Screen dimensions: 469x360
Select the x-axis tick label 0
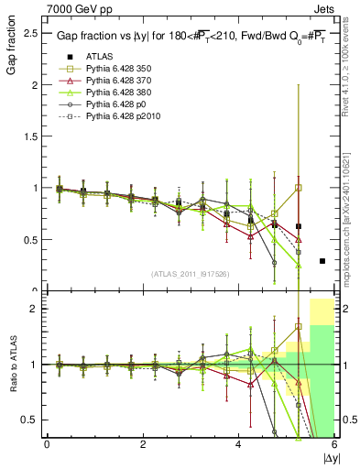[x=48, y=444]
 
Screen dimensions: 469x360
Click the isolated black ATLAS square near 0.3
[x=322, y=261]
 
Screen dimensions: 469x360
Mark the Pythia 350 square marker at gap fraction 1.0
[x=299, y=188]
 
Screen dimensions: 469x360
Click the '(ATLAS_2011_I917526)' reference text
[x=191, y=273]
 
